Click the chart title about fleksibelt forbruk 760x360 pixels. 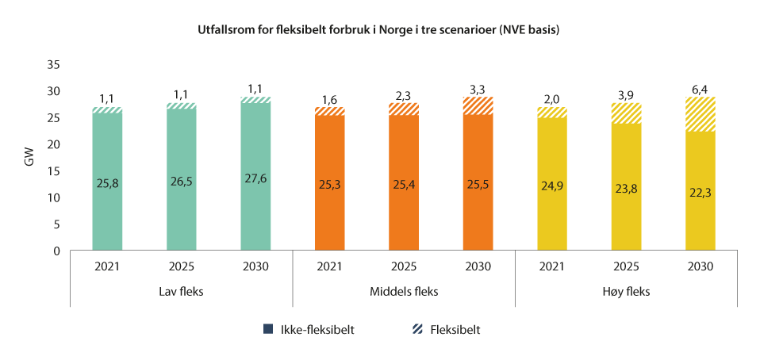click(x=379, y=31)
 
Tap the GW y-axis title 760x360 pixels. click(x=30, y=157)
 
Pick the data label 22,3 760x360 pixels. click(x=700, y=192)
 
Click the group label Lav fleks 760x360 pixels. click(x=182, y=291)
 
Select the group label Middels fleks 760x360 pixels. click(x=404, y=291)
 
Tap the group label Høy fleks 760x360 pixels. click(x=626, y=291)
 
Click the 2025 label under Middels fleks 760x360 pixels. click(x=404, y=266)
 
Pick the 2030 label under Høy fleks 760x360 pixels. click(x=700, y=266)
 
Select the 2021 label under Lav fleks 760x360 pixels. click(x=108, y=266)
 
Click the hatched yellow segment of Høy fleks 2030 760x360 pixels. click(x=700, y=114)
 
